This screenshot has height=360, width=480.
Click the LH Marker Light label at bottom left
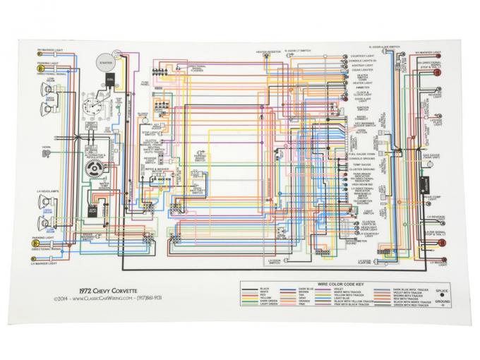pyautogui.click(x=46, y=263)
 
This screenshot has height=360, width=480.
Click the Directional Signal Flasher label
pyautogui.click(x=196, y=70)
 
